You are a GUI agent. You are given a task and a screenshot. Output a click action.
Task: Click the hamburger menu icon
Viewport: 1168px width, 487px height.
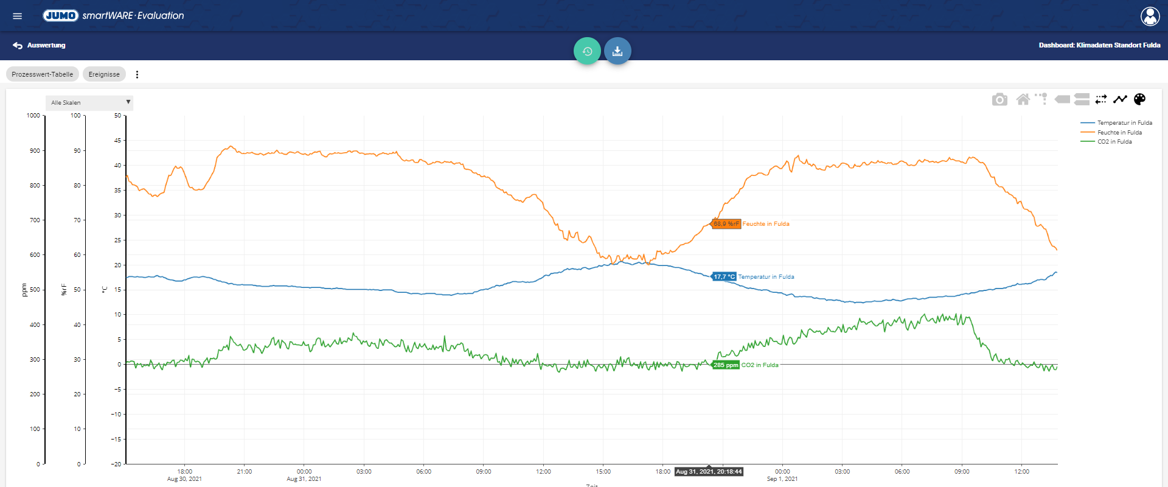coord(17,16)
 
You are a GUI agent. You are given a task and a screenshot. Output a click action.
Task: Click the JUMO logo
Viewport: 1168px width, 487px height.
coord(60,15)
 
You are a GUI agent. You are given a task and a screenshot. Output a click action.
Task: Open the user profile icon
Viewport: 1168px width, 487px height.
coord(1150,16)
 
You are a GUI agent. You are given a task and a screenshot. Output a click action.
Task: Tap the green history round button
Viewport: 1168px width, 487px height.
coord(587,51)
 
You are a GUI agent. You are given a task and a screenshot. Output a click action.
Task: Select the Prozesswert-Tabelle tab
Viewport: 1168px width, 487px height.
coord(43,74)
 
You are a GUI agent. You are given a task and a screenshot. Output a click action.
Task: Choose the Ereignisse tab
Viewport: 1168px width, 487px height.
coord(104,74)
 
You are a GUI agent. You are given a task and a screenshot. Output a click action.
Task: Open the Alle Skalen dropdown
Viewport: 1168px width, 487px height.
coord(89,102)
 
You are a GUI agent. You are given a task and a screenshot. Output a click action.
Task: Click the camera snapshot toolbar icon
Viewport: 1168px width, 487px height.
coord(999,99)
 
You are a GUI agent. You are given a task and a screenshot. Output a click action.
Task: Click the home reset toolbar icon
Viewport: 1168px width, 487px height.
coord(1023,99)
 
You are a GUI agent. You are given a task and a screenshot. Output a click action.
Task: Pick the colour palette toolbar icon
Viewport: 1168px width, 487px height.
coord(1140,99)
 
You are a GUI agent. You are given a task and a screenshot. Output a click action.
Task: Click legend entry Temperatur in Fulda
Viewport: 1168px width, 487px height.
coord(1116,123)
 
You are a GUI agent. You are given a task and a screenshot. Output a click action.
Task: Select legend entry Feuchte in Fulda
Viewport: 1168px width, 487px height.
coord(1111,132)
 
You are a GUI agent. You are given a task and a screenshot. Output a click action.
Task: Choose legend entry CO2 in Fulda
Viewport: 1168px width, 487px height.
coord(1107,142)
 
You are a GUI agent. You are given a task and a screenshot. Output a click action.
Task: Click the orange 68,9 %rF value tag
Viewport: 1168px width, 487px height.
coord(726,224)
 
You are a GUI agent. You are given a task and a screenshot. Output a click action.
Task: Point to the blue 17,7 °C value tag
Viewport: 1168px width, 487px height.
coord(724,276)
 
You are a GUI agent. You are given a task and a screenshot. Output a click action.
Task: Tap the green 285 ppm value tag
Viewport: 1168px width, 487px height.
coord(725,365)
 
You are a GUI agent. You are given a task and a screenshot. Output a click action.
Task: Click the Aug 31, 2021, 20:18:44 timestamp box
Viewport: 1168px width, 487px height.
coord(709,472)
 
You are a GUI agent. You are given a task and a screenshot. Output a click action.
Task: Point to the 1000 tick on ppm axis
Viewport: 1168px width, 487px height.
coord(33,116)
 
